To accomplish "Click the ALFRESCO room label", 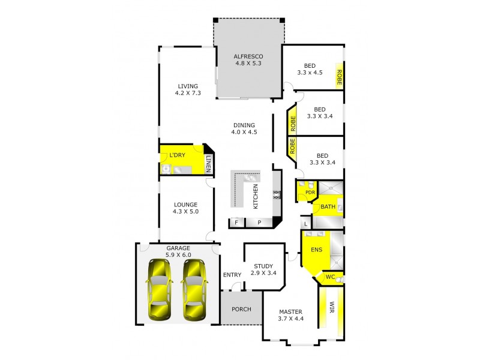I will coord(249,57).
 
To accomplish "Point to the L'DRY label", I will coord(177,155).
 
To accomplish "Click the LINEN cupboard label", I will coord(208,163).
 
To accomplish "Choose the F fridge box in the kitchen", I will coord(237,223).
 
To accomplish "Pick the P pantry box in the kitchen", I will coord(259,223).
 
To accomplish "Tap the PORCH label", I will coord(240,310).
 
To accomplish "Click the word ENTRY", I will coord(232,275).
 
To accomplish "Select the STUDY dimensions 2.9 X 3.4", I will coord(263,273).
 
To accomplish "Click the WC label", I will coord(329,278).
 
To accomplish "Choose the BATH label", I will coord(327,207).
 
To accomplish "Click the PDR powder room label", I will coord(310,193).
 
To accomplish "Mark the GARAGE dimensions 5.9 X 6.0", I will coord(178,254).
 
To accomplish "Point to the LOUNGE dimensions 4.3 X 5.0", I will coord(185,211).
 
